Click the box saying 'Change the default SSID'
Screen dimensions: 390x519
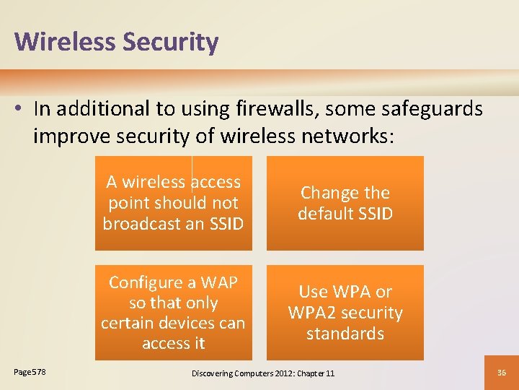[345, 203]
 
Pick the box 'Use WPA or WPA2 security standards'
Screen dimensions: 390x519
[345, 312]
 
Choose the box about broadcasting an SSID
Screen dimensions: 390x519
[173, 203]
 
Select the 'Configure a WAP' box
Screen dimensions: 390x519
[173, 312]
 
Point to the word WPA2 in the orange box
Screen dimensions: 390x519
[312, 313]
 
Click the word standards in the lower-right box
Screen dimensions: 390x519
[345, 334]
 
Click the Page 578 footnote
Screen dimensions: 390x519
[30, 371]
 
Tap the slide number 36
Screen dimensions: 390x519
[502, 372]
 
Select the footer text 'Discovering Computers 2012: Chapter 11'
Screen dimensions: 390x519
[262, 373]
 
